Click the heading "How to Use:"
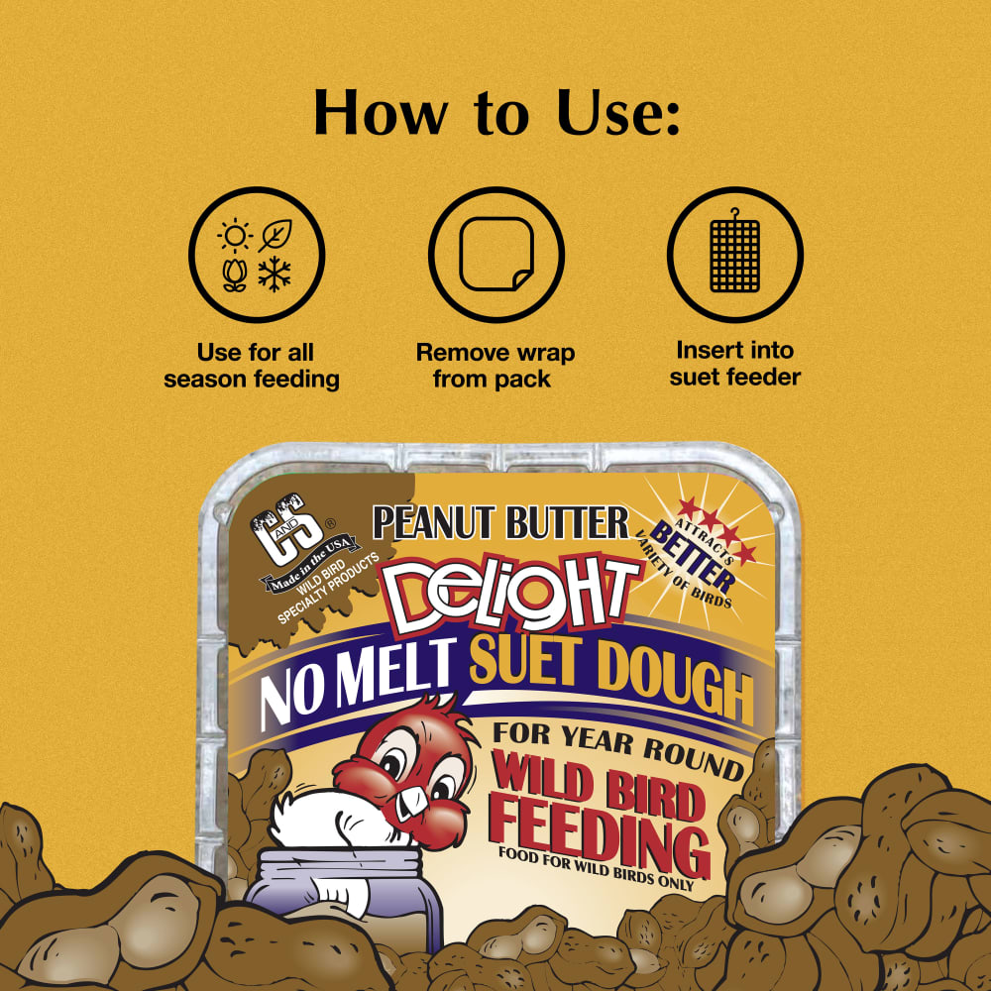(496, 113)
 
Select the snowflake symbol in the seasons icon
(275, 275)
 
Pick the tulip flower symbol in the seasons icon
(234, 275)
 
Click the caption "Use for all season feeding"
(252, 366)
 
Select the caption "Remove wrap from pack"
(495, 366)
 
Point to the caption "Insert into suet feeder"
(734, 364)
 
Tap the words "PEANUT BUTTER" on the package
(501, 523)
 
